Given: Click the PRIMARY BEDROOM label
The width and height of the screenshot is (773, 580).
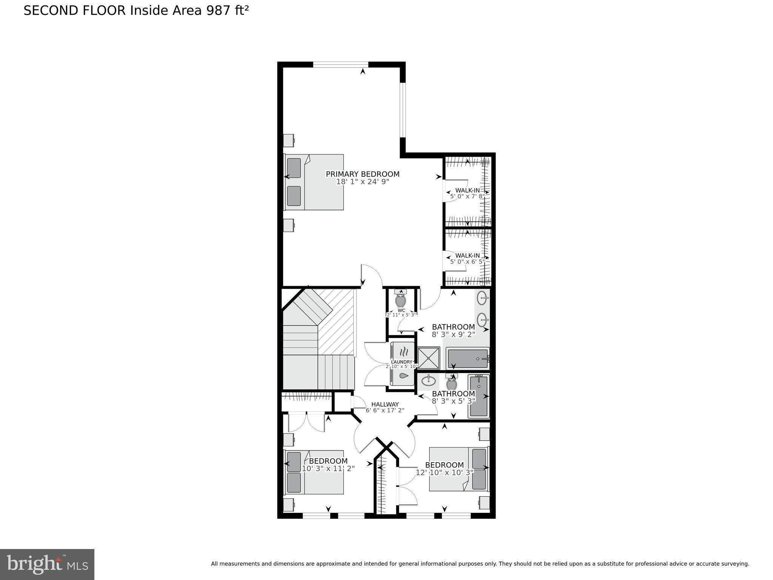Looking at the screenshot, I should tap(362, 174).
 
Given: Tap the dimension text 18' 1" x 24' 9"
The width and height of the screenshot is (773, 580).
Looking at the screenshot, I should tap(362, 182).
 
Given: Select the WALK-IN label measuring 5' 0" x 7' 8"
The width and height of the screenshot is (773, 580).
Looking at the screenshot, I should tap(467, 190).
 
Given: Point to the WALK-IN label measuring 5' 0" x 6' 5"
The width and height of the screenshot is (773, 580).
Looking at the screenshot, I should tap(467, 256).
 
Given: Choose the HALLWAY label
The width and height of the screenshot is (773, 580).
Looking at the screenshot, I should tap(385, 404).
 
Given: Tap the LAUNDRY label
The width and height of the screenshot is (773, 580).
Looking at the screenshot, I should tap(402, 362).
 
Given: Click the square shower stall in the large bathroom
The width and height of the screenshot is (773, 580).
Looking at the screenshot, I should tap(429, 358).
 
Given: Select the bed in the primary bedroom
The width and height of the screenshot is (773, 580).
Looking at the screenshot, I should tap(314, 182).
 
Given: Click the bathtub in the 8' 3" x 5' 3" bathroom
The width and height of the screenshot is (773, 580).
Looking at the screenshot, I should tap(479, 396).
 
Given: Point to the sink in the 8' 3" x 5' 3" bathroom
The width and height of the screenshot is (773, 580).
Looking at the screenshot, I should tap(428, 381).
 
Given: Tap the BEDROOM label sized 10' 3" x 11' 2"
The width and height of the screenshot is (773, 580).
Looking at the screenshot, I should tap(328, 461).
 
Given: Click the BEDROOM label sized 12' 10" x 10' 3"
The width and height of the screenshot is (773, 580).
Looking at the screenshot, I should tap(444, 465).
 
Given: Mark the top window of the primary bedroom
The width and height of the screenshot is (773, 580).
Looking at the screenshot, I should tap(340, 65).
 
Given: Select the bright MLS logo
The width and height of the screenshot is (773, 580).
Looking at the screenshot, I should tap(47, 564).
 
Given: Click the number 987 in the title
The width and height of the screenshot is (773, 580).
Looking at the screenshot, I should tap(218, 11).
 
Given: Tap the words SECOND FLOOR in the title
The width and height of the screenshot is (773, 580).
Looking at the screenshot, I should tap(74, 11).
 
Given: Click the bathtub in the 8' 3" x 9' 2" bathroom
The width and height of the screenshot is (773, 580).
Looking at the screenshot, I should tap(468, 358).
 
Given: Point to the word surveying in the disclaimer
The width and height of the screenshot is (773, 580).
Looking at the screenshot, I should tap(734, 564).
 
